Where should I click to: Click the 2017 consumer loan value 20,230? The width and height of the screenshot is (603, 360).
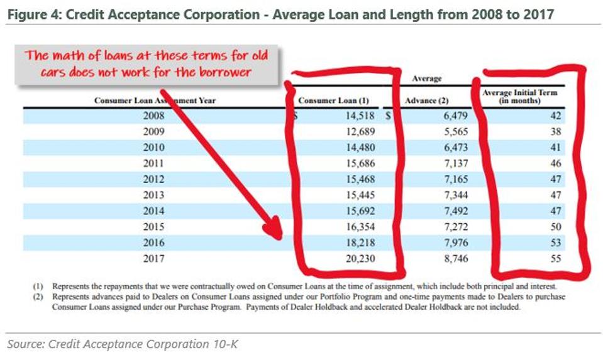[x=359, y=258]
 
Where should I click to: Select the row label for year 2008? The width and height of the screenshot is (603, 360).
[x=154, y=116]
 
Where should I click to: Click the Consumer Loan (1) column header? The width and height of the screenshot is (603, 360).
[x=333, y=101]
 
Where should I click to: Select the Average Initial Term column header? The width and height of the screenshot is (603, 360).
[x=519, y=97]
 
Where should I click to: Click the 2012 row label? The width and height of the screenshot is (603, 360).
[x=154, y=179]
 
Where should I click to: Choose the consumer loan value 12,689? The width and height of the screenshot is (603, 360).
[x=359, y=131]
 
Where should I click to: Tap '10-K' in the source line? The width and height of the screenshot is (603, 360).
[x=226, y=344]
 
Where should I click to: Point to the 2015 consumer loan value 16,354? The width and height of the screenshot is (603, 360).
[x=359, y=227]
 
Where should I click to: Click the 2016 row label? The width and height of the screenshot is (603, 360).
[x=154, y=243]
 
